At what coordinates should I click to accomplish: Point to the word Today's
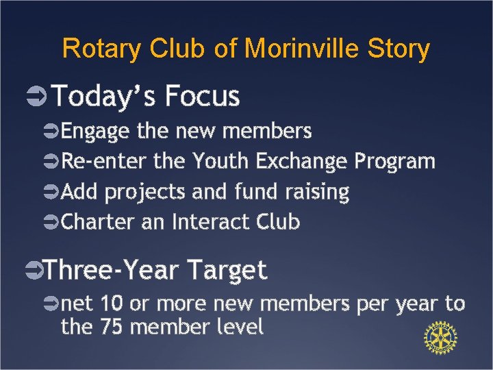[x=101, y=97]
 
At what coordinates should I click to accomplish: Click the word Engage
[x=95, y=130]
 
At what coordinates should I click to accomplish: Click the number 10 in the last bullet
[x=112, y=304]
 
